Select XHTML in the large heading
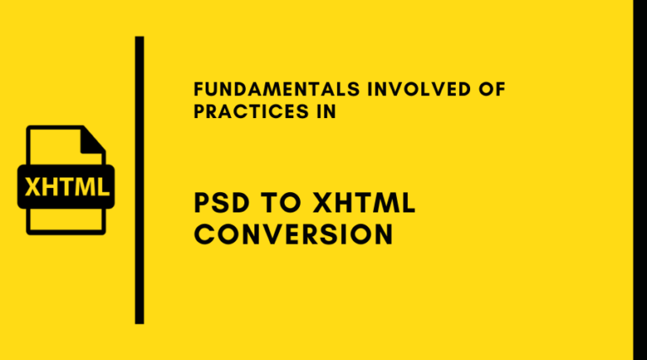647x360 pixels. tap(367, 203)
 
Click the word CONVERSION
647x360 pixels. tap(293, 234)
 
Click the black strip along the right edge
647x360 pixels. tap(639, 180)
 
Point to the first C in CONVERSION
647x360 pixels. tap(204, 234)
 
